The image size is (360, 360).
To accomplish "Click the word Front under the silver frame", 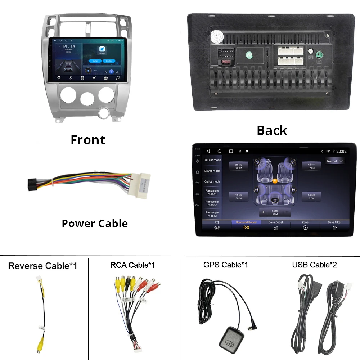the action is coord(88,140).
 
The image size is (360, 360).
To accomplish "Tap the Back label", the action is coord(272,130).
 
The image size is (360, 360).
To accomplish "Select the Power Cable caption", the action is coord(95,224).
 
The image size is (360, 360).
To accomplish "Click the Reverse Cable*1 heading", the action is coord(42,266).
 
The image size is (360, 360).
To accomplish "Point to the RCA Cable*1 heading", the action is coord(132,265).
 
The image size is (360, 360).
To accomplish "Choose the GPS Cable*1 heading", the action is coord(225,265).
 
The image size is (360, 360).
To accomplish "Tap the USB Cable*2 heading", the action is coord(314,265).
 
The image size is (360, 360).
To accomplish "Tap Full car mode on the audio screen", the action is coord(212,160).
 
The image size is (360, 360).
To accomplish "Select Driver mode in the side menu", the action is coord(212,171).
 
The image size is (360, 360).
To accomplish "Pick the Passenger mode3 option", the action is coord(212,214).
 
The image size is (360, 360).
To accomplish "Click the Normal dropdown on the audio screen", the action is coord(335,161).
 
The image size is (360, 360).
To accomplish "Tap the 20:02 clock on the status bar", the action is coord(341,152).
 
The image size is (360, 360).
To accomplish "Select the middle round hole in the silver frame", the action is coord(87,98).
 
